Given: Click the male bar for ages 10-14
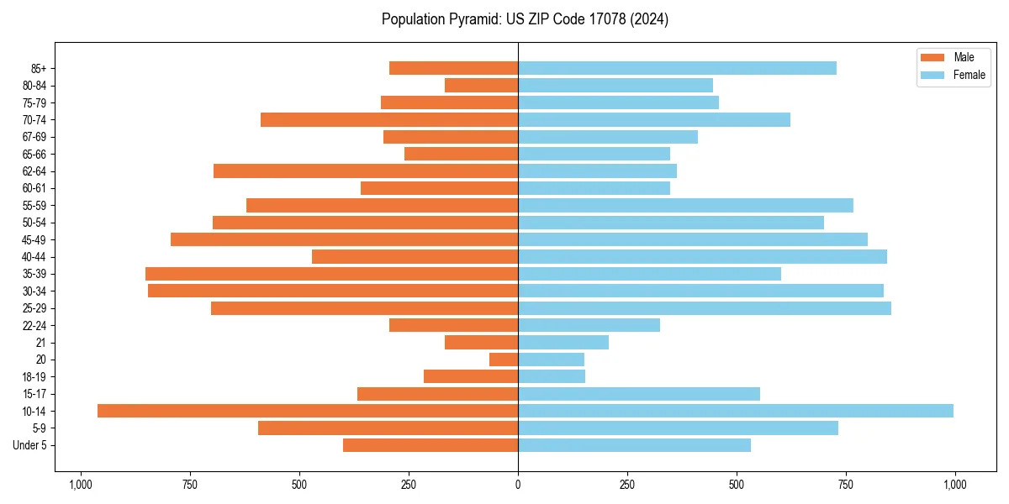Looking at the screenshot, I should click(308, 411).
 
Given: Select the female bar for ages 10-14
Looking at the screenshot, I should click(736, 411).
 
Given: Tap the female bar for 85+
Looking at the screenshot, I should click(677, 68).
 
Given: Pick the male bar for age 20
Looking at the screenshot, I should click(504, 360).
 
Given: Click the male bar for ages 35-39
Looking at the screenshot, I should click(331, 274).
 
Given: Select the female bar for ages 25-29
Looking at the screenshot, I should click(705, 308).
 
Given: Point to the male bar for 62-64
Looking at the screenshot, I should click(366, 171).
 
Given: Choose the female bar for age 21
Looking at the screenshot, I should click(563, 343).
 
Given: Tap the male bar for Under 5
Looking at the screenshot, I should click(431, 445).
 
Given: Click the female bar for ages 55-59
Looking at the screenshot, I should click(685, 206).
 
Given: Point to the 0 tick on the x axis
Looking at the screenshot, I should click(518, 485).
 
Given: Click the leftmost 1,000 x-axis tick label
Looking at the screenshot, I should click(81, 485).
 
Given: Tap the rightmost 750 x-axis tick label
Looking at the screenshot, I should click(845, 485).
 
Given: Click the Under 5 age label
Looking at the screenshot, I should click(30, 445).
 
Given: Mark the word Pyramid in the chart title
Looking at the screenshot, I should click(473, 19).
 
